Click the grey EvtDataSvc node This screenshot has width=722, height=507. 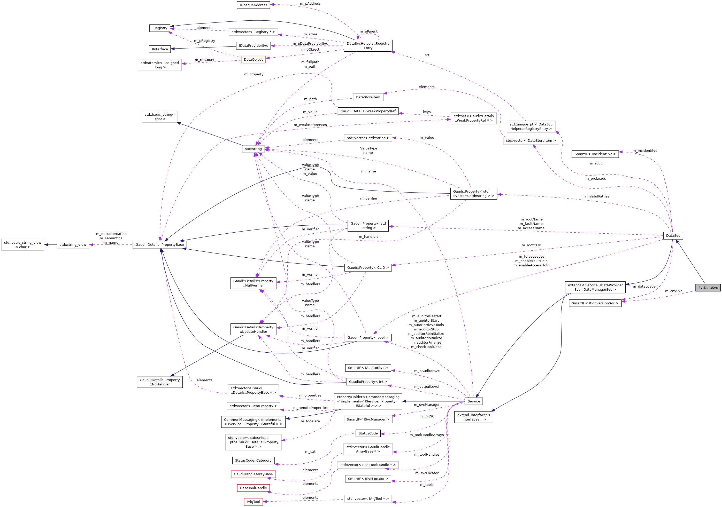click(x=708, y=288)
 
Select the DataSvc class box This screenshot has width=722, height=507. click(x=673, y=236)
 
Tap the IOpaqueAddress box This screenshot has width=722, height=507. click(x=253, y=5)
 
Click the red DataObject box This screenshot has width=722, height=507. click(x=253, y=59)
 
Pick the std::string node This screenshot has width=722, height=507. click(x=253, y=149)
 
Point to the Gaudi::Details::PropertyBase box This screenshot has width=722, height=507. click(x=160, y=245)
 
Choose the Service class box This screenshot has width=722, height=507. click(x=474, y=401)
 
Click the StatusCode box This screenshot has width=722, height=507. click(x=368, y=433)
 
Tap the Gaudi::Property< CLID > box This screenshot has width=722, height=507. click(x=368, y=268)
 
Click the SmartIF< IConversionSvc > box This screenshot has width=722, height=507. click(x=595, y=303)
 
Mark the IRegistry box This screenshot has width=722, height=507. click(x=160, y=28)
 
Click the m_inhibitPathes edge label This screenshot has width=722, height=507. click(x=596, y=196)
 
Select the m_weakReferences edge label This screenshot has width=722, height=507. click(x=310, y=125)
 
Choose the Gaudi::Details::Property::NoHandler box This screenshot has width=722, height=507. click(x=160, y=382)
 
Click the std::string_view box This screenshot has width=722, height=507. click(x=73, y=245)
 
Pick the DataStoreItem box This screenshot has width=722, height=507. click(x=368, y=97)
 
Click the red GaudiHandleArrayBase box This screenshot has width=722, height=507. click(x=253, y=474)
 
